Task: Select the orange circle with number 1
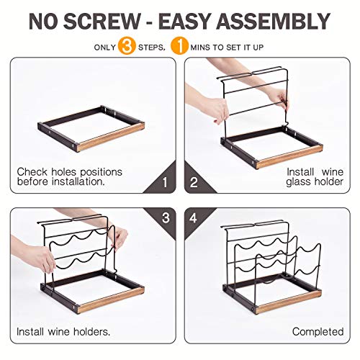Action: (179, 47)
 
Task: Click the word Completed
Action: (317, 331)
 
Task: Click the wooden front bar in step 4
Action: (288, 305)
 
